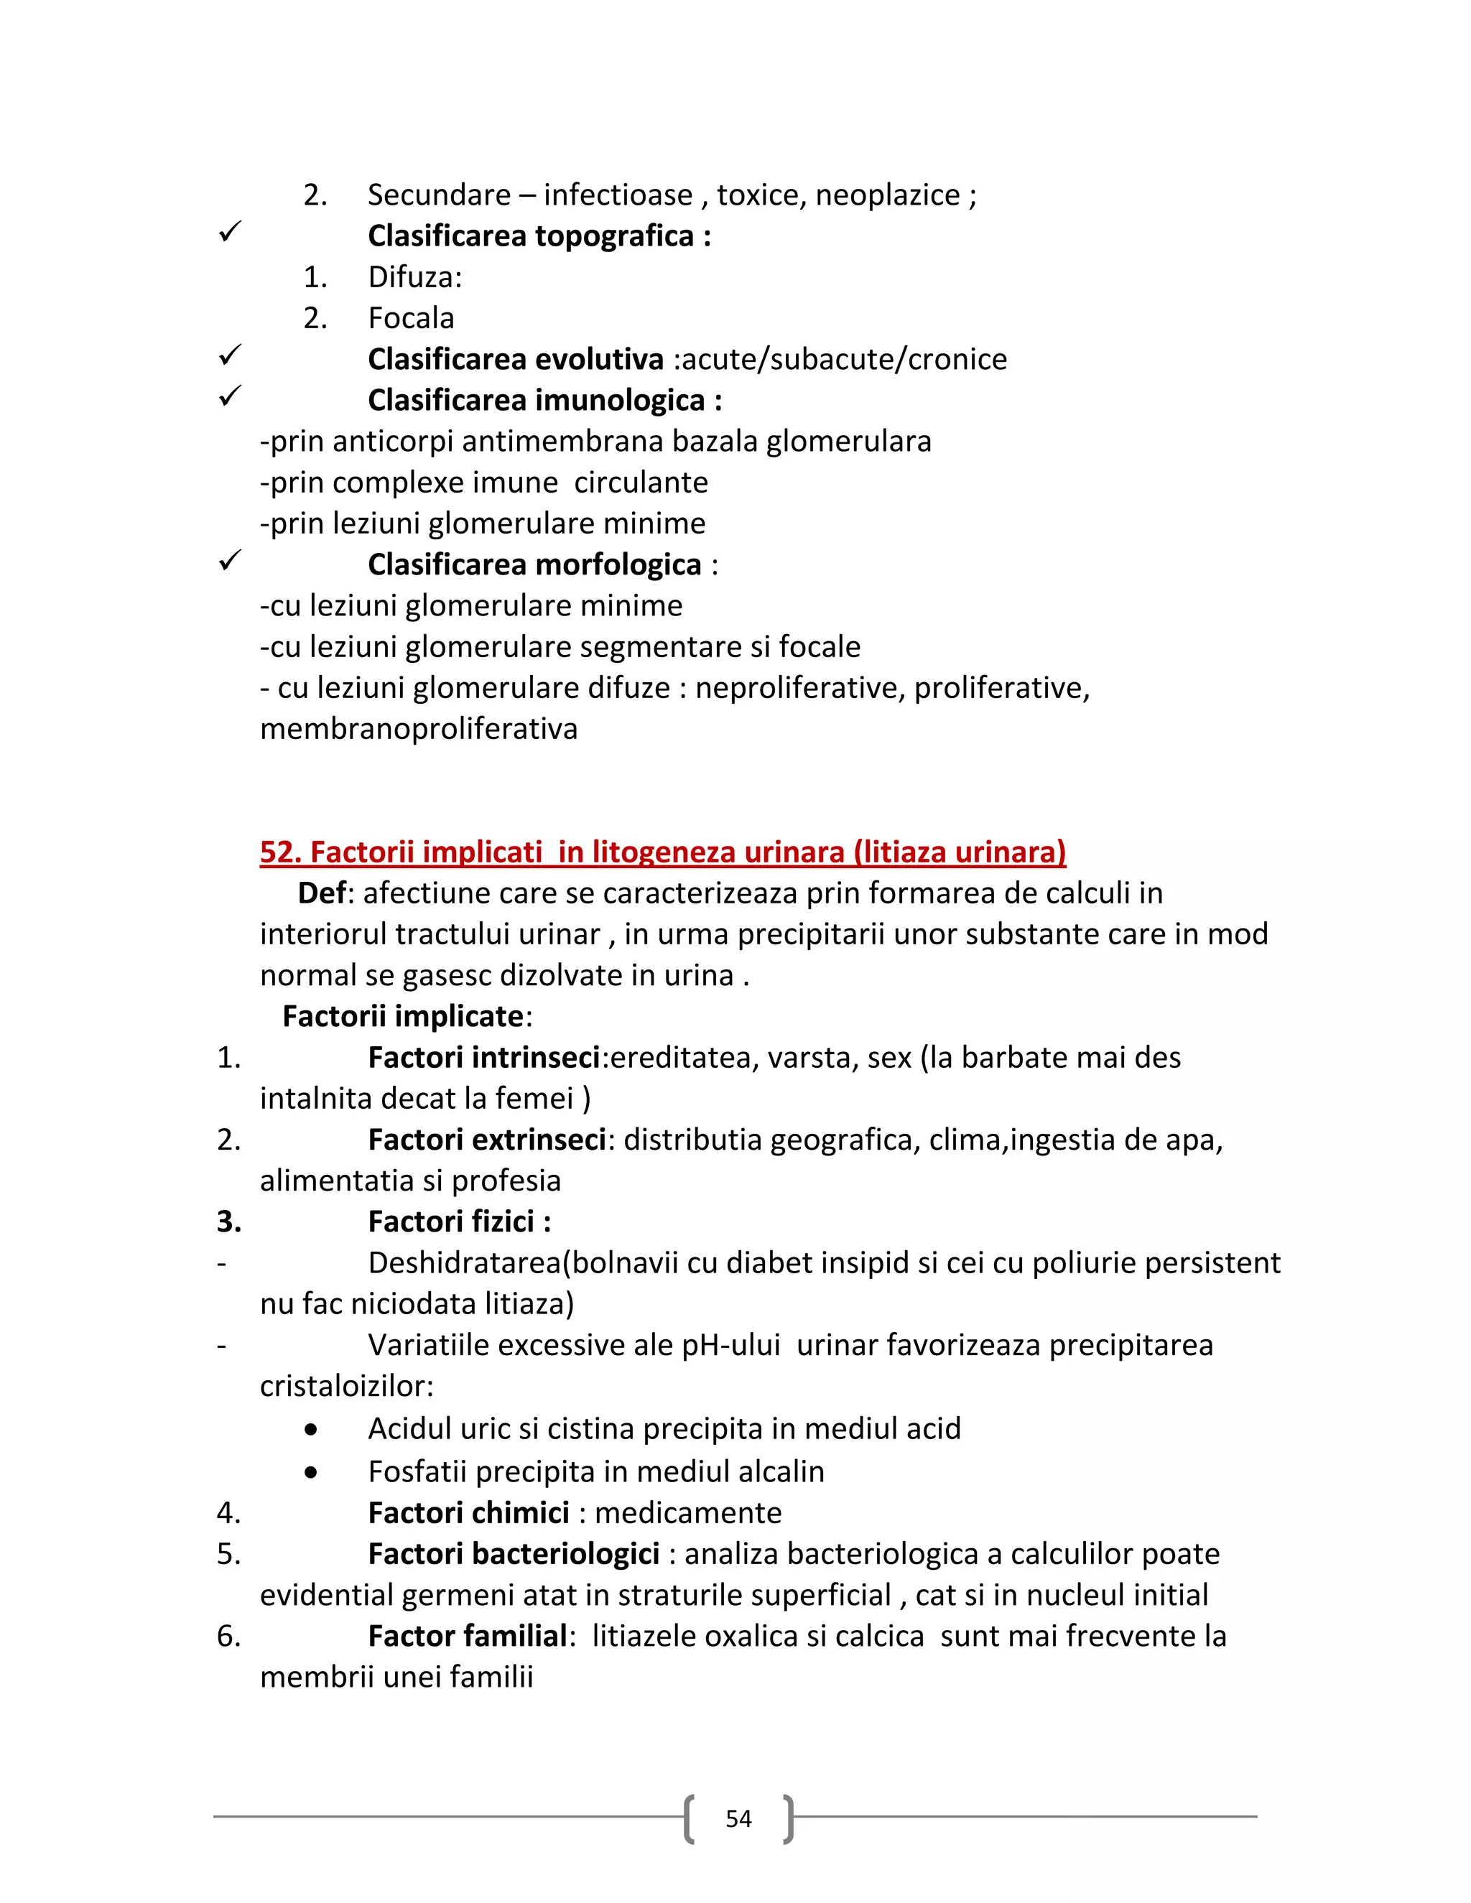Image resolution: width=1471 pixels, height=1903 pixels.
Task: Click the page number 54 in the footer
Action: click(738, 1818)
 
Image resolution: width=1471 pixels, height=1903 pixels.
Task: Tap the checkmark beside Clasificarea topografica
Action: click(229, 232)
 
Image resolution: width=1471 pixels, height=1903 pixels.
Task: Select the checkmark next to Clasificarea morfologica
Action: click(229, 560)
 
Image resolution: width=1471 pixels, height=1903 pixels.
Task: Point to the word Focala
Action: click(410, 318)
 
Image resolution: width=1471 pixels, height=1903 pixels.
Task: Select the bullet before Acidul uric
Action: click(311, 1430)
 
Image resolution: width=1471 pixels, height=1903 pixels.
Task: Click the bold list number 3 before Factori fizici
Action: click(228, 1222)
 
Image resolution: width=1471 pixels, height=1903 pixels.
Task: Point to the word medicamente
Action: click(687, 1512)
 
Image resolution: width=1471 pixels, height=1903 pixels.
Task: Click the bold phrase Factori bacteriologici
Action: click(514, 1553)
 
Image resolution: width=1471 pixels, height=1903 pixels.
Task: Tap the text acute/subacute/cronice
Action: click(843, 359)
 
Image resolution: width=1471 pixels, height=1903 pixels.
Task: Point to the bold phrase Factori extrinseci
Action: click(486, 1140)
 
